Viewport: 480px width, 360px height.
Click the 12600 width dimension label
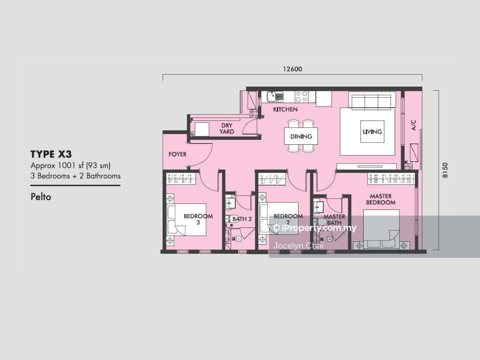click(x=292, y=69)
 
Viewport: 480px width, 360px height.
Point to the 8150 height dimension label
click(x=445, y=170)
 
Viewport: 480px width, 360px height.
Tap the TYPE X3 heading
click(x=51, y=154)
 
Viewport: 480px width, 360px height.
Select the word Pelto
click(x=41, y=196)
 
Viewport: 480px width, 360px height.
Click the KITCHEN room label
click(x=285, y=109)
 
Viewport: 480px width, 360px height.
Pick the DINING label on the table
click(x=301, y=136)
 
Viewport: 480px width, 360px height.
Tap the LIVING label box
click(x=372, y=132)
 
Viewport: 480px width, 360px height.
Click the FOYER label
click(x=178, y=154)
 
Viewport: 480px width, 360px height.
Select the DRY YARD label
click(x=227, y=128)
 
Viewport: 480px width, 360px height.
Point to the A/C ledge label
click(x=413, y=125)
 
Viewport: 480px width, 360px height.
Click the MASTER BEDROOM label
click(x=381, y=199)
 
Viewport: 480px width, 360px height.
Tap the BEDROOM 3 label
click(x=198, y=219)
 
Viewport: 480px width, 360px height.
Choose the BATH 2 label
click(x=242, y=219)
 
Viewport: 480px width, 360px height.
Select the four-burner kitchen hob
click(x=301, y=97)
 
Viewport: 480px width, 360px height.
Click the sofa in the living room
click(x=371, y=102)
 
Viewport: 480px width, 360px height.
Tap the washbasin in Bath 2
click(x=230, y=203)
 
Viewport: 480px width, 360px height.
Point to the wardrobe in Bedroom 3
click(x=181, y=179)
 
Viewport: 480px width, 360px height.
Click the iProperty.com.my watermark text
click(x=319, y=228)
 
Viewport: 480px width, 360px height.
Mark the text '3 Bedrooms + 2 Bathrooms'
click(x=75, y=176)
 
